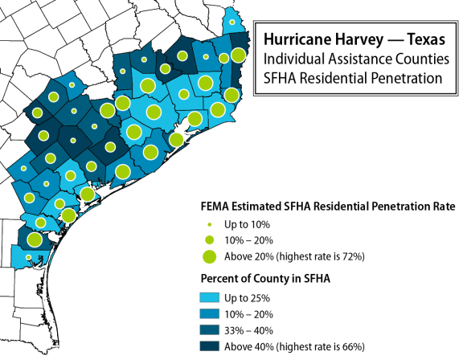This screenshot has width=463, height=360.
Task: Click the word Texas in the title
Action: (x=426, y=39)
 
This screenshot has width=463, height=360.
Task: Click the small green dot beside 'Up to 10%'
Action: (x=210, y=225)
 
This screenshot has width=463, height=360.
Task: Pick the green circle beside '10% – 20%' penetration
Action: (x=210, y=240)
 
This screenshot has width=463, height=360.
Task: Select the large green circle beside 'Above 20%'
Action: (x=209, y=256)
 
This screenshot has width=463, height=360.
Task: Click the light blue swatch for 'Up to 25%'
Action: (x=209, y=297)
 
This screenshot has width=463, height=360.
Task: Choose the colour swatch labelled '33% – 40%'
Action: (x=209, y=330)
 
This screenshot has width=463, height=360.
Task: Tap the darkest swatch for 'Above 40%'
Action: (x=209, y=346)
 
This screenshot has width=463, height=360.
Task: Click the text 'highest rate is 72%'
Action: (x=320, y=256)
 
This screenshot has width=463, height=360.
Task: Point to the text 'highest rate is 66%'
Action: (x=320, y=346)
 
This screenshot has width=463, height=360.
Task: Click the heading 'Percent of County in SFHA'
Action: (x=265, y=279)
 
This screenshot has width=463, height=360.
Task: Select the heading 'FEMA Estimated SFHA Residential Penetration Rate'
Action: (x=328, y=207)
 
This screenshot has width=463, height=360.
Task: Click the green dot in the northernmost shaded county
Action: (x=232, y=22)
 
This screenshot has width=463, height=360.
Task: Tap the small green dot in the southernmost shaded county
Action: (x=28, y=257)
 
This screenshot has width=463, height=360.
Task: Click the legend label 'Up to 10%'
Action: (x=247, y=224)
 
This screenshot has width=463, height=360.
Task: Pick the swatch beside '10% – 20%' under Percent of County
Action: (x=209, y=313)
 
